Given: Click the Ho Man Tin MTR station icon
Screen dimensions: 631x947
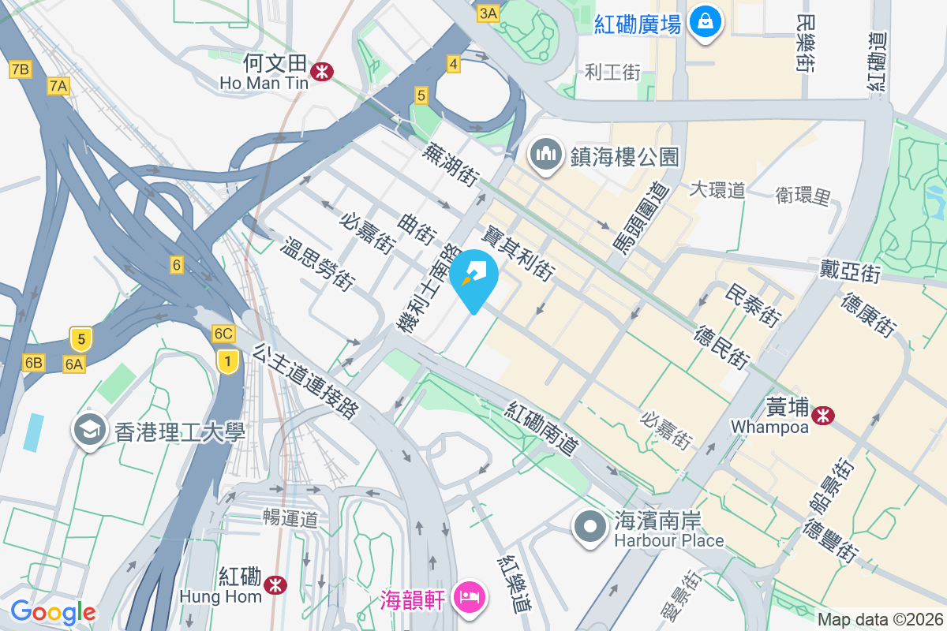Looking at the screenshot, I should (x=321, y=72).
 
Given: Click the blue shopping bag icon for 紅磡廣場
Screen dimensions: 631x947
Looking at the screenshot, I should (x=705, y=22).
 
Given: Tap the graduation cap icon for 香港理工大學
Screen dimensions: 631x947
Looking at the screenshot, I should (x=89, y=430).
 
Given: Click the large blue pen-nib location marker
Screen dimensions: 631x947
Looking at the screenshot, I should (x=474, y=277).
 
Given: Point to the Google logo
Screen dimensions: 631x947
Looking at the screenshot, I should (x=53, y=612).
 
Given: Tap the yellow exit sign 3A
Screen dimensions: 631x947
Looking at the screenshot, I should (x=488, y=13).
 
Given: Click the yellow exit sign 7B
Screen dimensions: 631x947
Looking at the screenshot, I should (x=21, y=70).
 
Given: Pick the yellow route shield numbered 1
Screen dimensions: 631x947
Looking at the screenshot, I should (x=228, y=361).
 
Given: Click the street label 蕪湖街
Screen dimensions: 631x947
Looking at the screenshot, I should (x=451, y=164).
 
